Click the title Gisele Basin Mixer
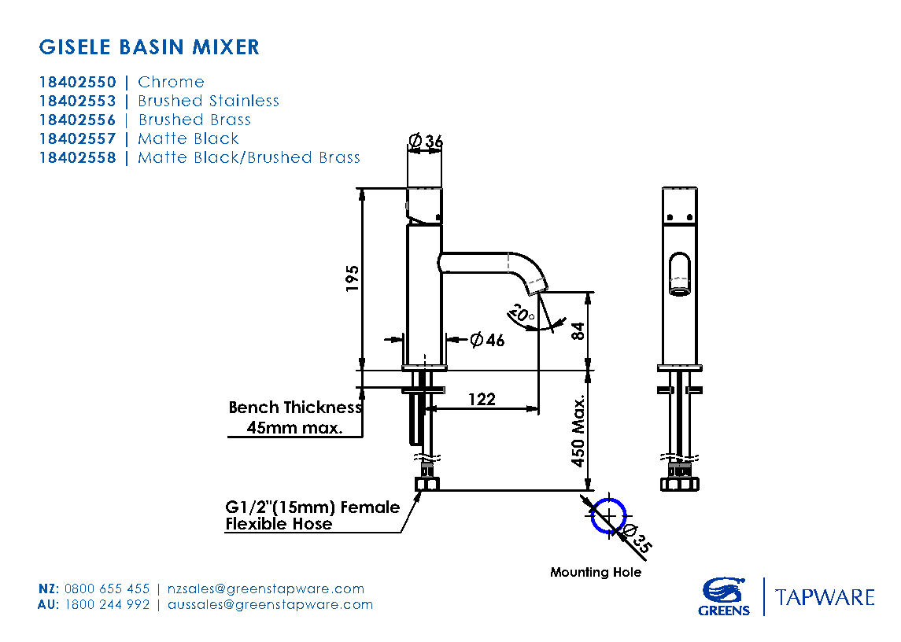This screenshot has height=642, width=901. point(149,47)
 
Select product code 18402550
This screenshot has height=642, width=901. point(77,82)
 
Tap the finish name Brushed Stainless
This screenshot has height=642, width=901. point(209,101)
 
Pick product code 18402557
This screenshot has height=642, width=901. point(77,138)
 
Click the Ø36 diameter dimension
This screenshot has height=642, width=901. point(426,142)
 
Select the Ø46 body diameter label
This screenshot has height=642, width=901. point(487,340)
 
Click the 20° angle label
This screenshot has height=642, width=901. point(521,314)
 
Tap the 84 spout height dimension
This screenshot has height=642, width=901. point(578,330)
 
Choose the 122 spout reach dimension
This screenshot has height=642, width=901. point(482,399)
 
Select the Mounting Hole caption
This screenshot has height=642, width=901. point(596,572)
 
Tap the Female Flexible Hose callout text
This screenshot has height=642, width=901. point(312,515)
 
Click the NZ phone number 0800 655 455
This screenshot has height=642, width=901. point(107,588)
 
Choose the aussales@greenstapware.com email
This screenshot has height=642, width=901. point(270,604)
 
